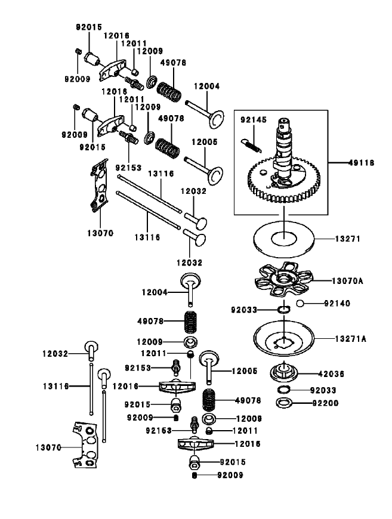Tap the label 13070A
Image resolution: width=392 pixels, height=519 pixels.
coord(350,280)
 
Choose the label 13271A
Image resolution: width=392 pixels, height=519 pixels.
coord(350,338)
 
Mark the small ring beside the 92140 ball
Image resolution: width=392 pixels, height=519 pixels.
coord(284,309)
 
